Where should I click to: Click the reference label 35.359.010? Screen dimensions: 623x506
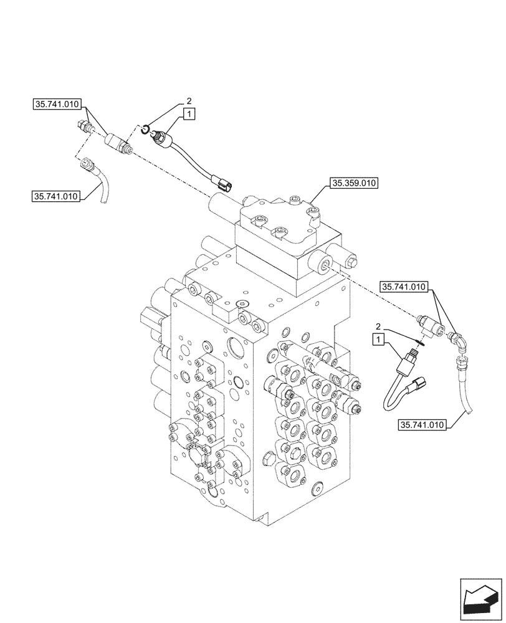point(355,183)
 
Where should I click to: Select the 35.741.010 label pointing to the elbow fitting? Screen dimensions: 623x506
point(404,287)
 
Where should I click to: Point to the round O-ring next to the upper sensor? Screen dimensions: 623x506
point(145,129)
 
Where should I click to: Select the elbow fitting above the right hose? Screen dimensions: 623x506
point(459,342)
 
